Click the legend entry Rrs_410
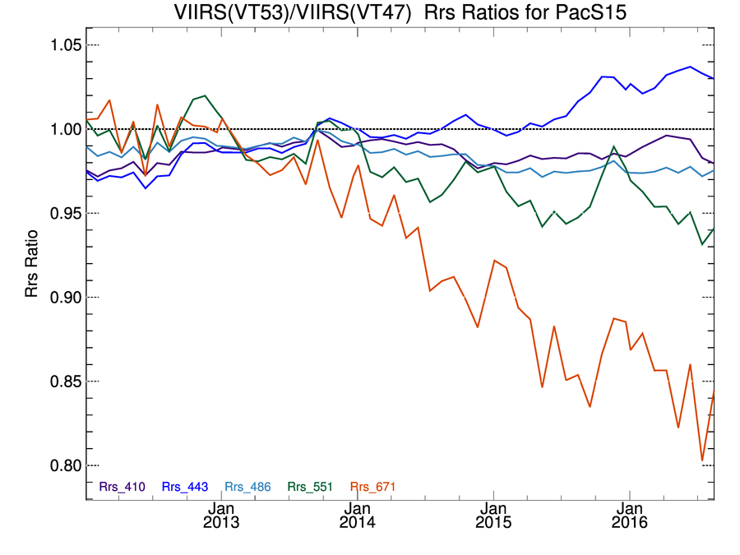pos(122,487)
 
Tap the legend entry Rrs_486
pos(247,487)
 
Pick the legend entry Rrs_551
pos(310,487)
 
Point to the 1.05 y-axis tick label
pos(62,44)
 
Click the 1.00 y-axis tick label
pos(62,129)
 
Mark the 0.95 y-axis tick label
pos(62,213)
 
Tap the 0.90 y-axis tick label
pos(62,297)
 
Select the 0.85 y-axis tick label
pos(62,382)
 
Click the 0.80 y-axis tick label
pos(62,465)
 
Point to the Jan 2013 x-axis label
pos(222,514)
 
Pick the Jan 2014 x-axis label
pos(358,514)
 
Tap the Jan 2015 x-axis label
pos(494,514)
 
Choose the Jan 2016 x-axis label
pos(630,514)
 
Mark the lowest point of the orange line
pos(703,460)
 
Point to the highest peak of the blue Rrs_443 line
pos(690,67)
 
